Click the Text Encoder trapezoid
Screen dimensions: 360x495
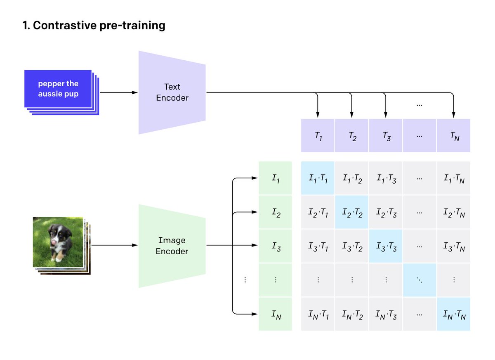tap(172, 92)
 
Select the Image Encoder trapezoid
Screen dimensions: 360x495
tap(172, 246)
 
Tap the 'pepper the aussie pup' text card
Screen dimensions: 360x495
tap(58, 89)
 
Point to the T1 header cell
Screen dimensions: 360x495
tap(318, 136)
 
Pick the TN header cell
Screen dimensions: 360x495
tap(453, 136)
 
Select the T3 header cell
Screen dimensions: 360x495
tap(386, 136)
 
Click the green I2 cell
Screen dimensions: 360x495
tap(275, 213)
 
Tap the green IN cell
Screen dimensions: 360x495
tap(275, 315)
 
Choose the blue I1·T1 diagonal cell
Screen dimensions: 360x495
tap(318, 178)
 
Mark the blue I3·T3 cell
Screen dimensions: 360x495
tap(386, 246)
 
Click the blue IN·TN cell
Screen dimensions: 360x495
tap(453, 315)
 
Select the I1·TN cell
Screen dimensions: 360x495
tap(453, 178)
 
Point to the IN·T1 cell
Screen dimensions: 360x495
tap(318, 315)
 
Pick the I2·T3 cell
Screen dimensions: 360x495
tap(386, 213)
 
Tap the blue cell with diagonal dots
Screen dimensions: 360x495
tap(420, 280)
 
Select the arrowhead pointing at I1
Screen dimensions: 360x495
tap(253, 178)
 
